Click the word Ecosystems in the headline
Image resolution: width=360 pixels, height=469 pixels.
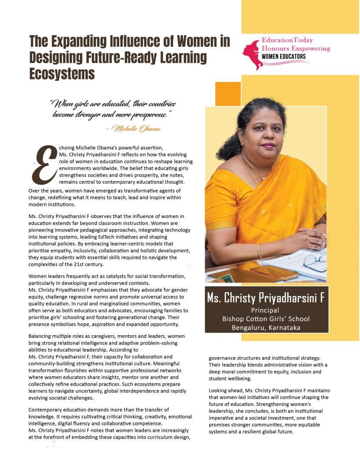click(x=62, y=73)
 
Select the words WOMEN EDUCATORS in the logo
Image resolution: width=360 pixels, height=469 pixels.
click(x=284, y=57)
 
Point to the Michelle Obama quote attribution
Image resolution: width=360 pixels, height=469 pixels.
click(x=133, y=129)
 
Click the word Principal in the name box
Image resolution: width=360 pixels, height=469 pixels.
click(x=266, y=310)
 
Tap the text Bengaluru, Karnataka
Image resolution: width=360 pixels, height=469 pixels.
click(x=266, y=327)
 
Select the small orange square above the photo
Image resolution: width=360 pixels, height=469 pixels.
click(x=227, y=94)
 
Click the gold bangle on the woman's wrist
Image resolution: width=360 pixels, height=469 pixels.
click(x=259, y=251)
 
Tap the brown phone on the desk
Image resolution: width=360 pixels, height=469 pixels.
click(x=274, y=272)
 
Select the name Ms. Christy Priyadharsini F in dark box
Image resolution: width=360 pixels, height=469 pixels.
click(x=266, y=298)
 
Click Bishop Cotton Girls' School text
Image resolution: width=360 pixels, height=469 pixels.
click(x=266, y=319)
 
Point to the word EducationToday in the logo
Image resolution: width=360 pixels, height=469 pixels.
click(x=287, y=40)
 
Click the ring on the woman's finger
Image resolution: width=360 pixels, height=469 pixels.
click(x=323, y=235)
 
